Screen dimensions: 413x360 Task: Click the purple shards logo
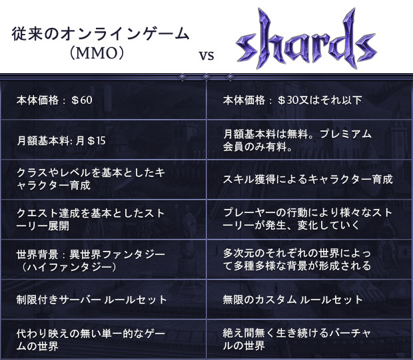pyautogui.click(x=306, y=39)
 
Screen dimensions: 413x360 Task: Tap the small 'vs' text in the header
pyautogui.click(x=206, y=55)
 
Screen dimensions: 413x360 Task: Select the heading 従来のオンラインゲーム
pyautogui.click(x=100, y=34)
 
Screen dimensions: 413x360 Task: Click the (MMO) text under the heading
pyautogui.click(x=97, y=53)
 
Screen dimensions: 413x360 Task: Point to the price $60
pyautogui.click(x=82, y=100)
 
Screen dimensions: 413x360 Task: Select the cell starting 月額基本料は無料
pyautogui.click(x=297, y=140)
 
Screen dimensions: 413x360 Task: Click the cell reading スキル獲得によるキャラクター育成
pyautogui.click(x=308, y=180)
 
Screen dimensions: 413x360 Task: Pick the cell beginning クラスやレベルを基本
pyautogui.click(x=91, y=179)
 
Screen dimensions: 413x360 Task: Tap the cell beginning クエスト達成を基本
pyautogui.click(x=91, y=220)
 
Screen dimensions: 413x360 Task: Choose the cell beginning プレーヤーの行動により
pyautogui.click(x=308, y=219)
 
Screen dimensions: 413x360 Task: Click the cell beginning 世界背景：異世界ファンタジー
pyautogui.click(x=91, y=261)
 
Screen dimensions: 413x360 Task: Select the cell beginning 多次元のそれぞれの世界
pyautogui.click(x=297, y=260)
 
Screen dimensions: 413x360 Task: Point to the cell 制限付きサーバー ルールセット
pyautogui.click(x=91, y=299)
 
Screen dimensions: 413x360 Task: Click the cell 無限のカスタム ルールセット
pyautogui.click(x=292, y=299)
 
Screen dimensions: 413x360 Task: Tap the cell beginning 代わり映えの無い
pyautogui.click(x=91, y=340)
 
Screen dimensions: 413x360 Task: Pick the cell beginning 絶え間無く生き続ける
pyautogui.click(x=297, y=339)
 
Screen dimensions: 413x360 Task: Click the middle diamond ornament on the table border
pyautogui.click(x=206, y=77)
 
